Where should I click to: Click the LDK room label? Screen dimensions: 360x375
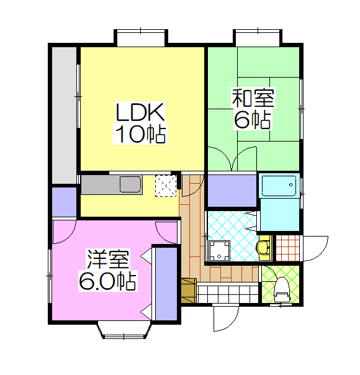140,112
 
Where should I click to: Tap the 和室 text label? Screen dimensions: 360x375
253,97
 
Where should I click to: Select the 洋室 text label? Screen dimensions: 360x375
108,260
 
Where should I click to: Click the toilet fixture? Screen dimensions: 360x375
282,290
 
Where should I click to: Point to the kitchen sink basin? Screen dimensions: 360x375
130,184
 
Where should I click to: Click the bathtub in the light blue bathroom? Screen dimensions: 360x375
279,186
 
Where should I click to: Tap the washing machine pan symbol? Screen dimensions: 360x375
219,251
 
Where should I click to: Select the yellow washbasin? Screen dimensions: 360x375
264,248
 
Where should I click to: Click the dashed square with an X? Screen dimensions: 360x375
166,186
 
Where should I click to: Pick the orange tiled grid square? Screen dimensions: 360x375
288,248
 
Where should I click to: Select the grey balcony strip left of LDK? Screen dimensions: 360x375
65,115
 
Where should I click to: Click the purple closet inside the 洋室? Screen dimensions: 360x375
166,284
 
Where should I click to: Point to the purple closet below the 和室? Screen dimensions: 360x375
232,191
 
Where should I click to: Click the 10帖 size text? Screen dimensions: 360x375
140,134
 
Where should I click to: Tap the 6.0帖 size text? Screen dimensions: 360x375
108,281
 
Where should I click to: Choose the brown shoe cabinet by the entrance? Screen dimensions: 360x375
189,291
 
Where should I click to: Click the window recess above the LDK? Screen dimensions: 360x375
141,38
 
